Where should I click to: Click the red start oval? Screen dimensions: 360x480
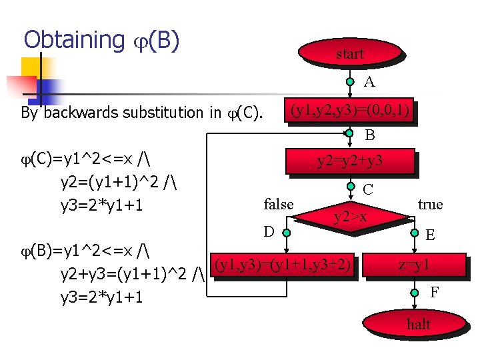tap(350, 54)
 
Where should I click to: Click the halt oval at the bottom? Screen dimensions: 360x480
tap(418, 325)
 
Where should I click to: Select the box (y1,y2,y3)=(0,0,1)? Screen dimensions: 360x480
tap(349, 110)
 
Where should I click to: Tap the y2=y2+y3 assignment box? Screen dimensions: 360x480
tap(350, 161)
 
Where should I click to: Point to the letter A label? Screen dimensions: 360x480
tap(369, 82)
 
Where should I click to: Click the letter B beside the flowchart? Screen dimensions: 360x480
tap(369, 135)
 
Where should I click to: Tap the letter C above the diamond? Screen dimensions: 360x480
tap(368, 190)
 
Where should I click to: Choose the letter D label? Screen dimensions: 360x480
tap(269, 232)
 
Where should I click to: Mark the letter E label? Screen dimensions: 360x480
tap(431, 235)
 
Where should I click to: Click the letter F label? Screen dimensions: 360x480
tap(434, 291)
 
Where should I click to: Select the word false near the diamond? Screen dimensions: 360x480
tap(279, 204)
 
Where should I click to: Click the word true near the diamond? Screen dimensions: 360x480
tap(430, 204)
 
